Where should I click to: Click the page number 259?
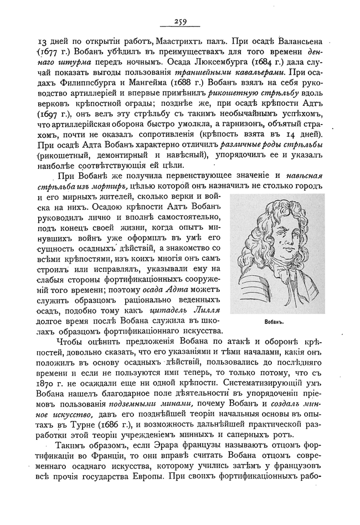pos(179,22)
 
